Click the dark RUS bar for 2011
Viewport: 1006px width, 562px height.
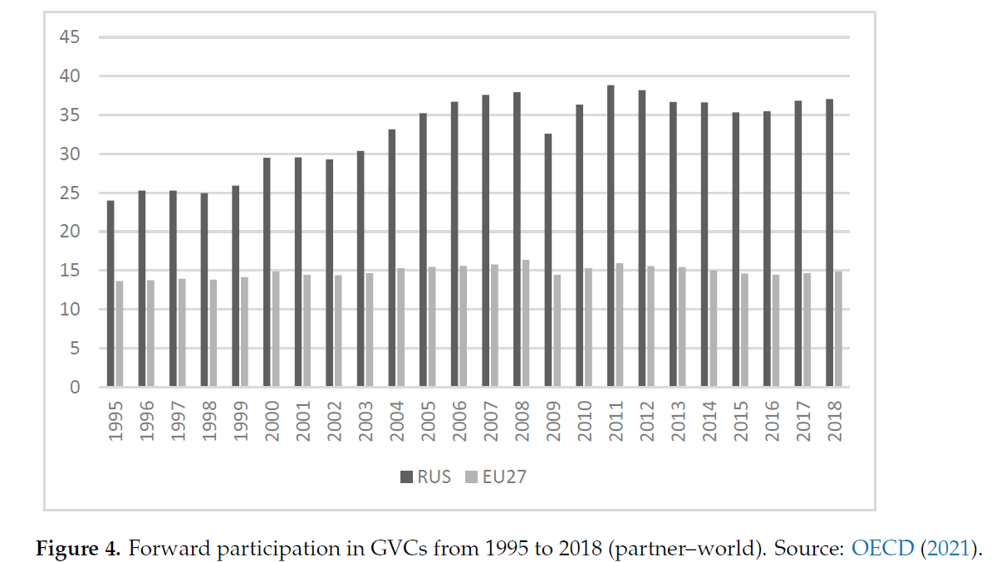pyautogui.click(x=611, y=237)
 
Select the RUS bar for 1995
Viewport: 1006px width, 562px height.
pyautogui.click(x=110, y=294)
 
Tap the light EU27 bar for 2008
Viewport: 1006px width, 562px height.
pyautogui.click(x=525, y=324)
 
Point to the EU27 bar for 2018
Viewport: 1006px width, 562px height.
pyautogui.click(x=837, y=329)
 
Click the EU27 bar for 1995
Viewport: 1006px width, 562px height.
pyautogui.click(x=119, y=334)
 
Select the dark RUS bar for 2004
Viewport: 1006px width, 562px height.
pyautogui.click(x=392, y=258)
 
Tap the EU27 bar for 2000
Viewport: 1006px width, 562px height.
pyautogui.click(x=275, y=329)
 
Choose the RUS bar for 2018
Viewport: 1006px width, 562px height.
pyautogui.click(x=829, y=243)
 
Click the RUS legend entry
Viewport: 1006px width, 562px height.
pyautogui.click(x=426, y=476)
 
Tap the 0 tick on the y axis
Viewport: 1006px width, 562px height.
pyautogui.click(x=74, y=388)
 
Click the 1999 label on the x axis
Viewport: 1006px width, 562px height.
pyautogui.click(x=240, y=420)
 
